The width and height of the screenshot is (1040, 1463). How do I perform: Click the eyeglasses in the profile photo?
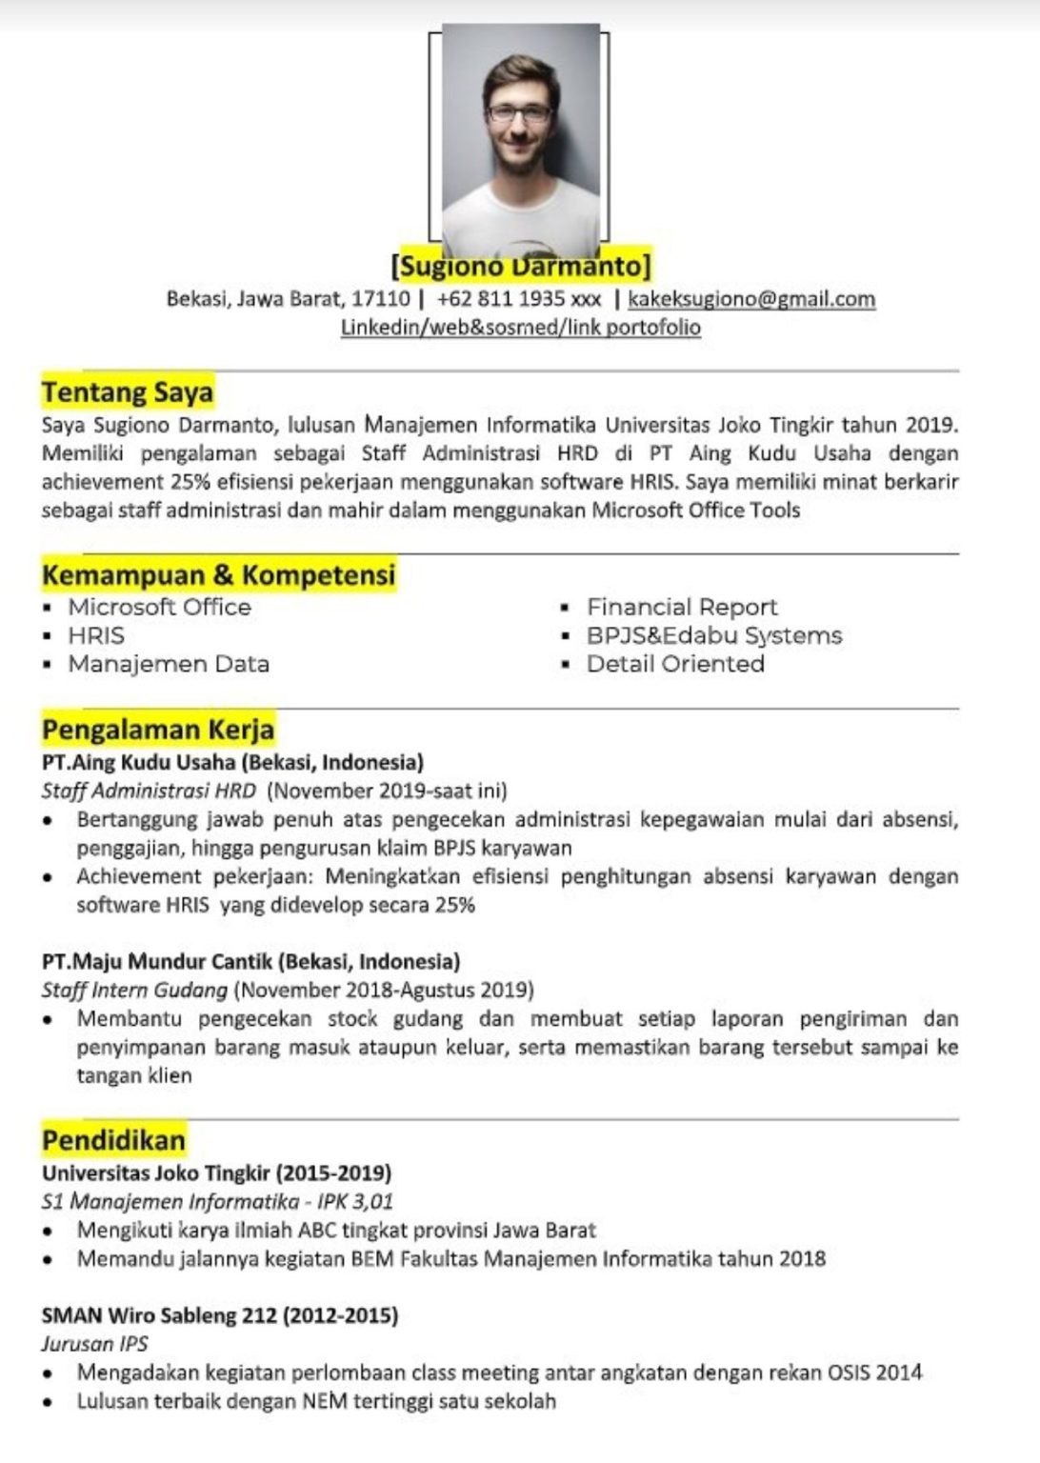pyautogui.click(x=520, y=113)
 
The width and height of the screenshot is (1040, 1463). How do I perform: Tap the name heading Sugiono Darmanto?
pyautogui.click(x=521, y=265)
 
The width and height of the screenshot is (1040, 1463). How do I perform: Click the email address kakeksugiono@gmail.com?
pyautogui.click(x=751, y=299)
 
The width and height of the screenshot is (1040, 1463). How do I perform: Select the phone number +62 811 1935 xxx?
pyautogui.click(x=519, y=299)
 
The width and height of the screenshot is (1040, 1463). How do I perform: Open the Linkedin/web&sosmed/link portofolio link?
pyautogui.click(x=521, y=328)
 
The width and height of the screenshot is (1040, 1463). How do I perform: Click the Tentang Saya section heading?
pyautogui.click(x=128, y=392)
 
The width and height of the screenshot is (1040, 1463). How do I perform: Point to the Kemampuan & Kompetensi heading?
pyautogui.click(x=218, y=575)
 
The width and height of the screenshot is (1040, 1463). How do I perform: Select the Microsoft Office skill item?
pyautogui.click(x=159, y=608)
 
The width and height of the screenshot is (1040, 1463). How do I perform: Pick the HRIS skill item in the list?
pyautogui.click(x=95, y=636)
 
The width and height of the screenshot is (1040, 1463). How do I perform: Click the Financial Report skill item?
pyautogui.click(x=682, y=608)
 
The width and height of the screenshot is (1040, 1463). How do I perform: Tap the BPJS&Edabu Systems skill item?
pyautogui.click(x=714, y=636)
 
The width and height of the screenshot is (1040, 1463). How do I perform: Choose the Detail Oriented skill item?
pyautogui.click(x=675, y=665)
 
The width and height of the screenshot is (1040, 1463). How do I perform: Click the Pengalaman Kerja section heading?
pyautogui.click(x=158, y=730)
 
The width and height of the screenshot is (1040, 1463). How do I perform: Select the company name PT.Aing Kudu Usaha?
pyautogui.click(x=139, y=763)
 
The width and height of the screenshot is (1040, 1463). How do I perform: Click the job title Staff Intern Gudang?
pyautogui.click(x=134, y=991)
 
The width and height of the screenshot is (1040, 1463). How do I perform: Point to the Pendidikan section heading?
pyautogui.click(x=113, y=1140)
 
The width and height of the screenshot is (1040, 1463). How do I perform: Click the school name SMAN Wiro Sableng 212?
pyautogui.click(x=159, y=1316)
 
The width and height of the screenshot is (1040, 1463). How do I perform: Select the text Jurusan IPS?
pyautogui.click(x=94, y=1344)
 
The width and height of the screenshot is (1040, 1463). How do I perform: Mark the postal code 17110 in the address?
pyautogui.click(x=381, y=299)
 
